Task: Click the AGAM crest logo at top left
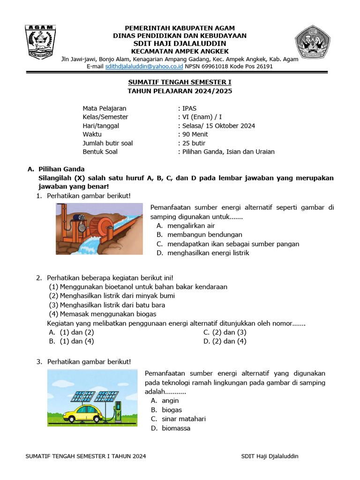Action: pyautogui.click(x=41, y=42)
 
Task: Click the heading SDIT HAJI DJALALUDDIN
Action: pyautogui.click(x=180, y=44)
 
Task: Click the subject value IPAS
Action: pyautogui.click(x=190, y=108)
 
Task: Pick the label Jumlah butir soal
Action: pyautogui.click(x=108, y=143)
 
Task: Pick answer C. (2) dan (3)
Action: pyautogui.click(x=225, y=332)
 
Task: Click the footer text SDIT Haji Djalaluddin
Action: pyautogui.click(x=270, y=456)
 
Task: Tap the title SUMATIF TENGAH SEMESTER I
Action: pyautogui.click(x=180, y=82)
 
